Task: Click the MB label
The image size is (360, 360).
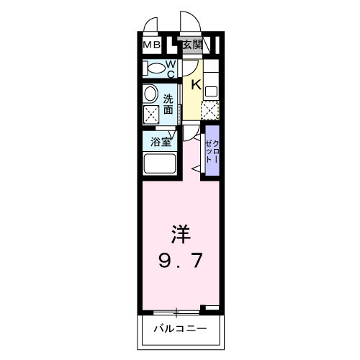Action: (151, 45)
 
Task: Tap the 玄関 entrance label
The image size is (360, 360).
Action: (191, 45)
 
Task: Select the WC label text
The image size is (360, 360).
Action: (171, 69)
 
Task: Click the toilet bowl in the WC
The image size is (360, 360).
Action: (155, 69)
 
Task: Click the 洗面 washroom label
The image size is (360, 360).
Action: (168, 104)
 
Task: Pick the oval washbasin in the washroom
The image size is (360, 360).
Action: (150, 94)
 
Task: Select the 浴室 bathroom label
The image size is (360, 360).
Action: (160, 142)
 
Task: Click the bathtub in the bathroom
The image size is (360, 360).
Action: (160, 163)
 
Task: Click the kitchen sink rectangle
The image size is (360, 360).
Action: (211, 92)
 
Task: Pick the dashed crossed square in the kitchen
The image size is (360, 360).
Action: (210, 110)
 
